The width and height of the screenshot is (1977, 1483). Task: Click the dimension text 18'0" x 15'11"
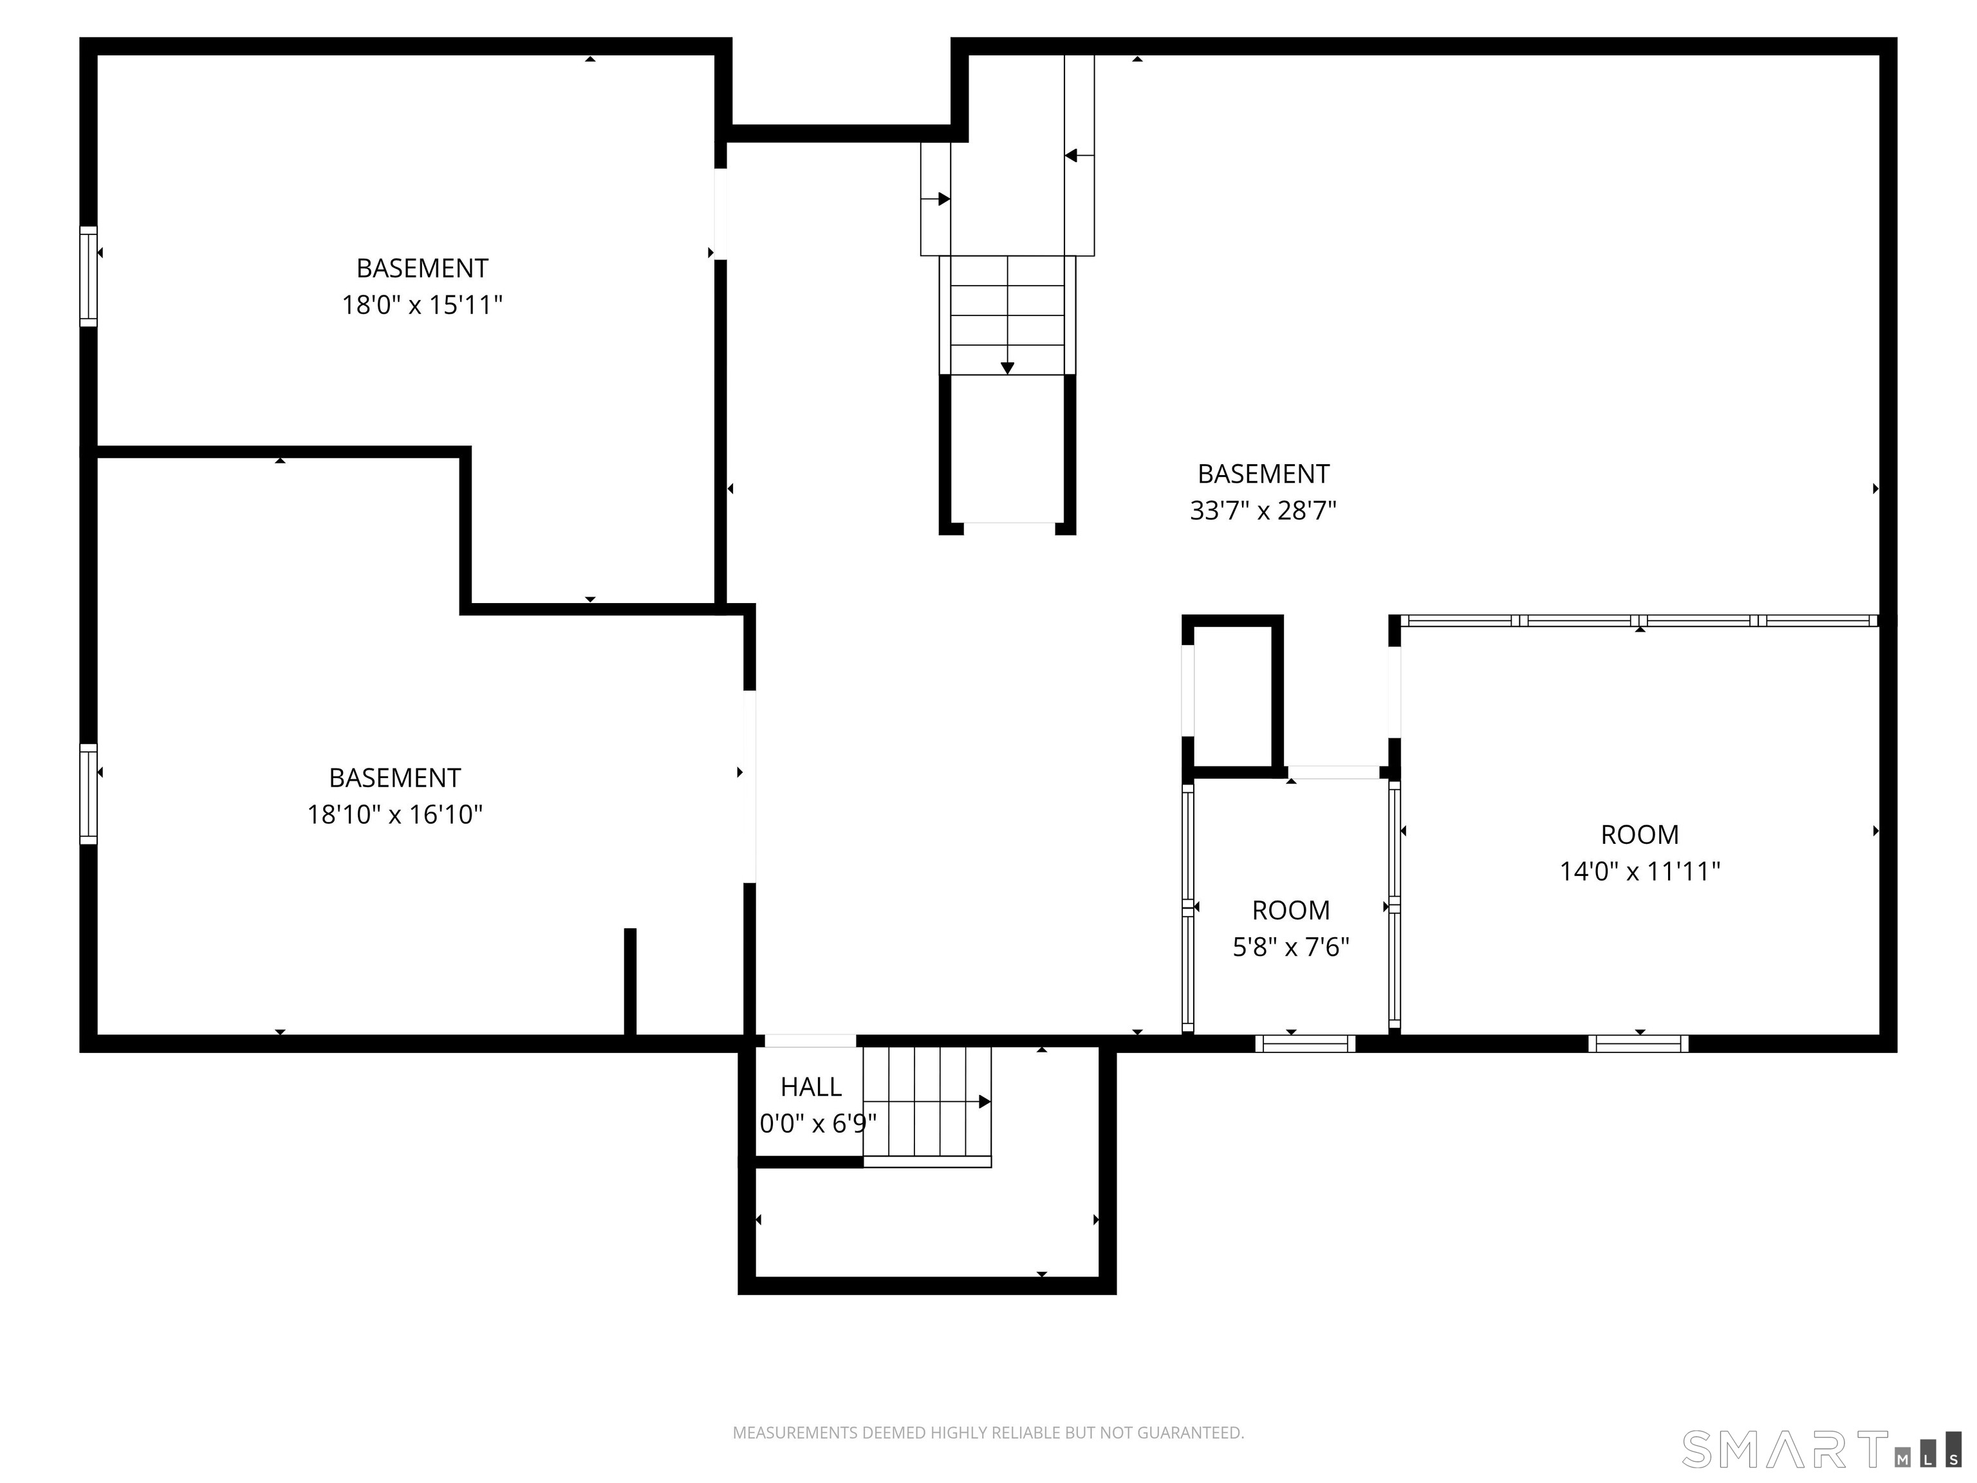[422, 306]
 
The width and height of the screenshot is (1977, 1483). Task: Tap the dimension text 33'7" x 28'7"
[1262, 511]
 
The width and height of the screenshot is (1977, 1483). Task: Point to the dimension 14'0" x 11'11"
[1639, 872]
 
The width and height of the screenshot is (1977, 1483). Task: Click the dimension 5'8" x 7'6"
[1290, 947]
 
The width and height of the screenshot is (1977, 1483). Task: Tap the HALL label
[811, 1087]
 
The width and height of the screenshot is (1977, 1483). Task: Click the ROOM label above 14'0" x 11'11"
[1639, 835]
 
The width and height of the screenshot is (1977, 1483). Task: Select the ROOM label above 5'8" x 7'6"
[1290, 910]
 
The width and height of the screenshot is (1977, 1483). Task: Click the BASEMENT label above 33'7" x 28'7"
[1263, 474]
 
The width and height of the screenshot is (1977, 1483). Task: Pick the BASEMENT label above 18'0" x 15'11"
[422, 268]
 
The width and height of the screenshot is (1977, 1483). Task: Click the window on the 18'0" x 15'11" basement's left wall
[88, 276]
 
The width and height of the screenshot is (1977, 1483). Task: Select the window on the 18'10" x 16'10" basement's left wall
[88, 794]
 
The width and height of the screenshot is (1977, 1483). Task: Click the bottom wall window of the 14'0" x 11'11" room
[1638, 1043]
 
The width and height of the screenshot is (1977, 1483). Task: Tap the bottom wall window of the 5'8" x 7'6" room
[1305, 1043]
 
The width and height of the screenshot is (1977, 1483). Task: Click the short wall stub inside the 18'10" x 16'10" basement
[630, 981]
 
